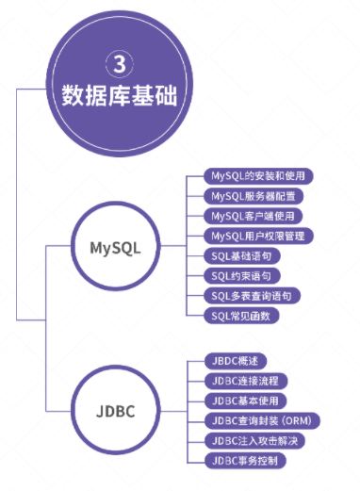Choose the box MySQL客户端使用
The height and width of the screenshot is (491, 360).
(252, 216)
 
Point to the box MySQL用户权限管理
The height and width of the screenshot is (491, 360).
(257, 236)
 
